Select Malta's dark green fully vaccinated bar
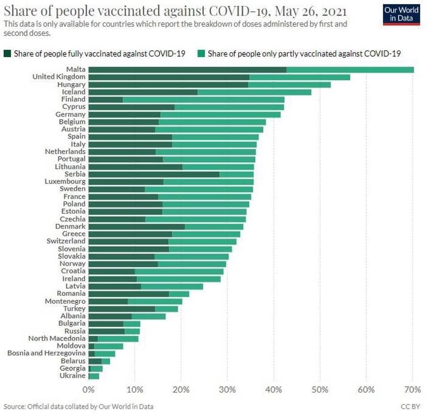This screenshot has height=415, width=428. [187, 70]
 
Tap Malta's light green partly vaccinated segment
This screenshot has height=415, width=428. [350, 70]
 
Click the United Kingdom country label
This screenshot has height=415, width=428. [59, 77]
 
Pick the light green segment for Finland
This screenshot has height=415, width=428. [203, 100]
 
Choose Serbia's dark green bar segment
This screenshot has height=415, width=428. [154, 174]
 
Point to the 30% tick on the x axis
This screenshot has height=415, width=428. [227, 390]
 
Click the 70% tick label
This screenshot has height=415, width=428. [412, 390]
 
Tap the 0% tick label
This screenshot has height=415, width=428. [89, 390]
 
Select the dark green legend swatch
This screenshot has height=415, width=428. [8, 54]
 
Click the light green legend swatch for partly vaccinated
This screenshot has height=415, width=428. [202, 54]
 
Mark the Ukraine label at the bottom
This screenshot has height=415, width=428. [72, 376]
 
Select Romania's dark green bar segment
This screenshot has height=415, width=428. [129, 294]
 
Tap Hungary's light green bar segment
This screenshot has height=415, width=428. [289, 85]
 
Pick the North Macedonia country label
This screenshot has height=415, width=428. [57, 338]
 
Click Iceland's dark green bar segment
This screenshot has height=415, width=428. [143, 92]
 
